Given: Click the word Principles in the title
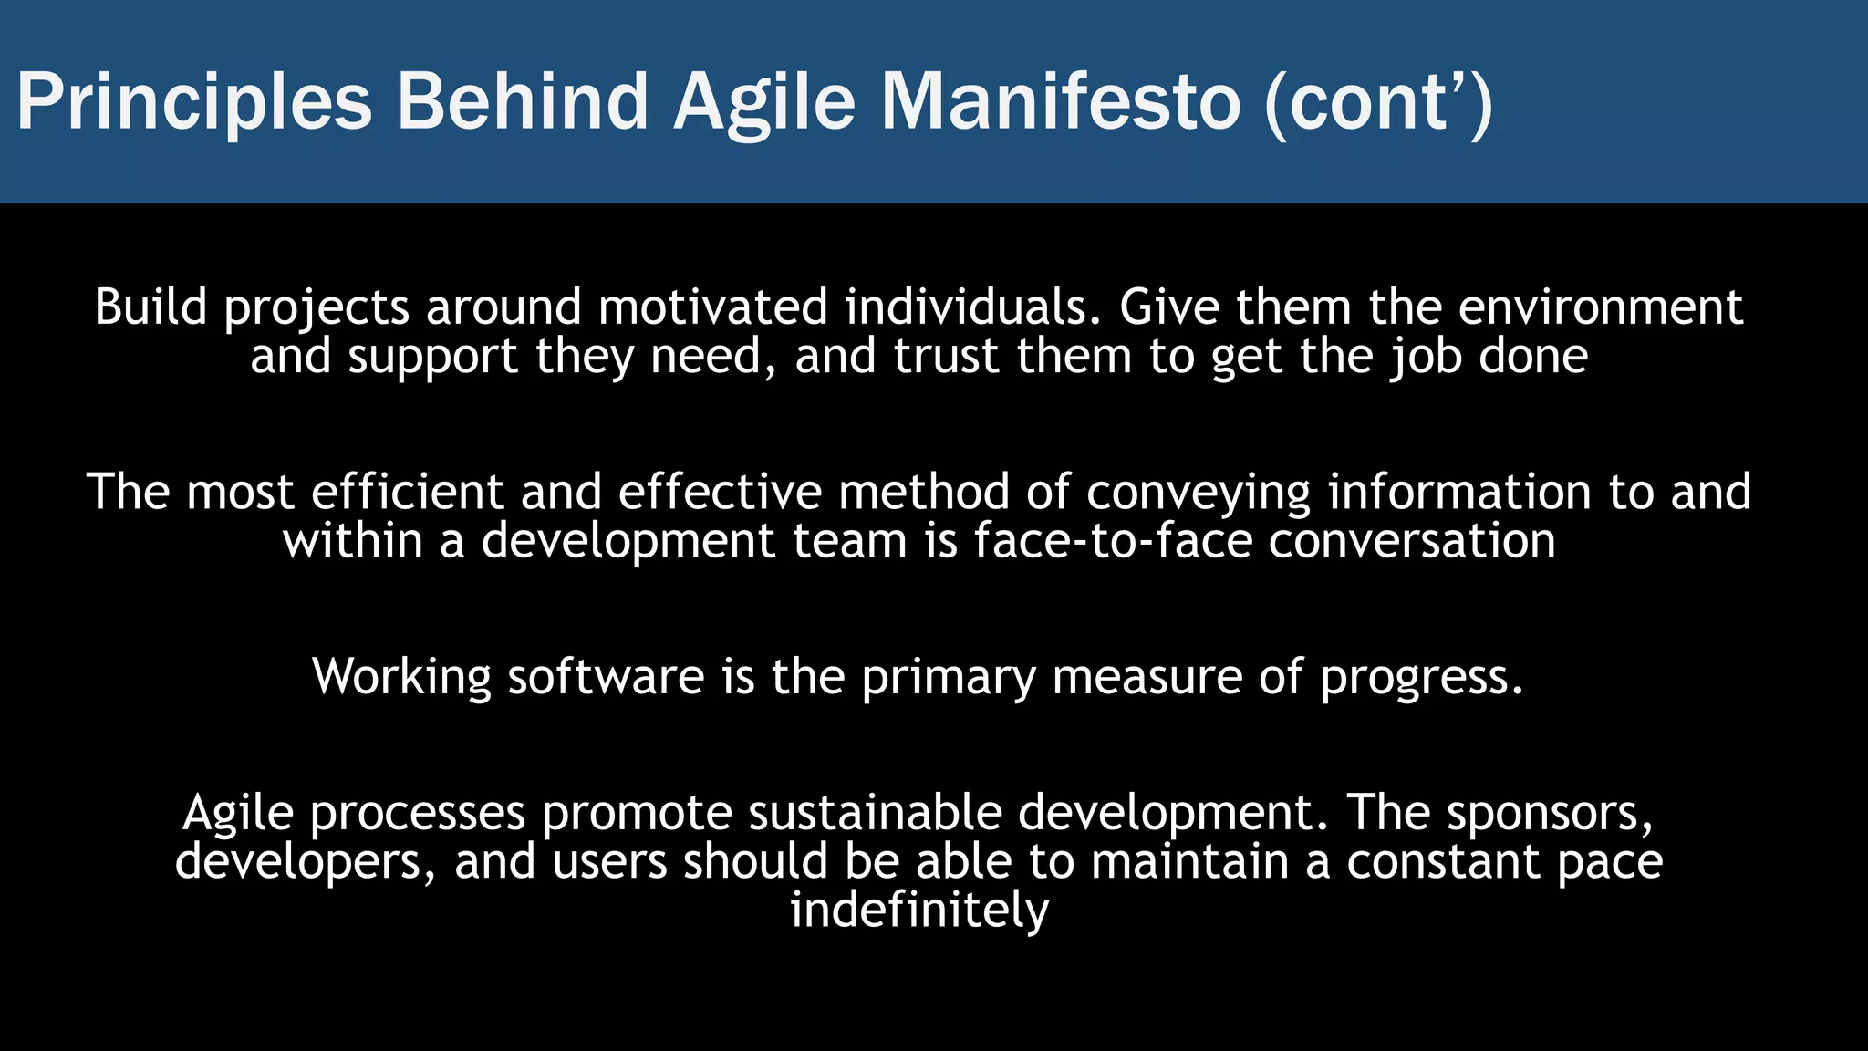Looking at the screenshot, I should pos(194,102).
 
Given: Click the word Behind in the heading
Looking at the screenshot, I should pos(522,102).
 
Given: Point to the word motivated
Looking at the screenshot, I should pos(712,307).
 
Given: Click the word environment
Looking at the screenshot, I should pos(1600,307).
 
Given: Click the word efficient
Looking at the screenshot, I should pos(407,493).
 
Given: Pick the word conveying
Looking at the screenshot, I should pos(1198,493).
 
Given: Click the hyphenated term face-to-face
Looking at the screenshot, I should pos(1113,541).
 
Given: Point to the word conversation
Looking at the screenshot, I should pos(1411,541).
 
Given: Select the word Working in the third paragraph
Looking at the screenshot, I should pos(402,678).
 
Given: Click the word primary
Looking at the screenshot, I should pos(949,678).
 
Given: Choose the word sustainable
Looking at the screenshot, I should pos(874,813).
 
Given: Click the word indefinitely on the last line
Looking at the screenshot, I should pos(919,911).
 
